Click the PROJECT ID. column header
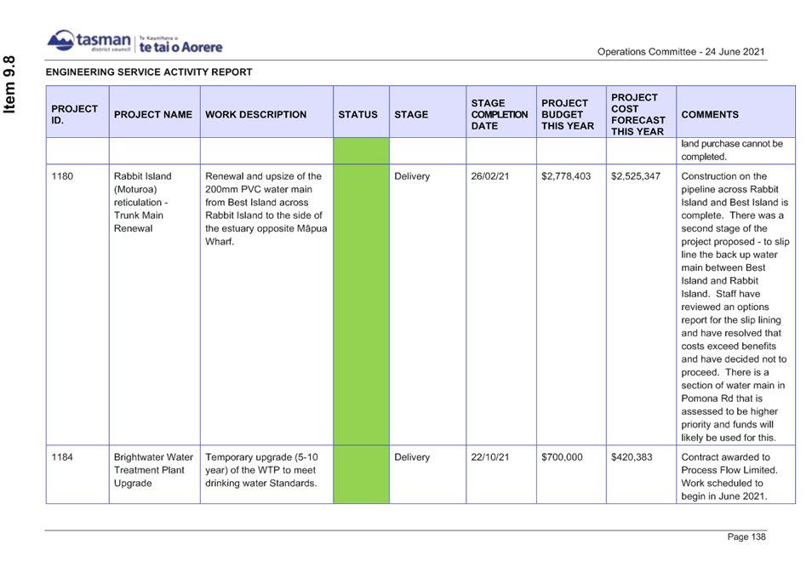(x=75, y=114)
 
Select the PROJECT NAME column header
(x=153, y=114)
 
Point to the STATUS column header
(x=357, y=114)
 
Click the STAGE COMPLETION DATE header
(x=500, y=114)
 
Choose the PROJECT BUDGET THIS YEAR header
(x=568, y=114)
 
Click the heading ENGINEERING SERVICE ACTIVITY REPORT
(x=149, y=72)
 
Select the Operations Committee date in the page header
(x=681, y=52)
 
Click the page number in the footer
(x=746, y=536)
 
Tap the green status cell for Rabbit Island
(x=361, y=304)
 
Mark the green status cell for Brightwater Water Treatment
(x=361, y=473)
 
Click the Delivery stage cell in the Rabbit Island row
(x=412, y=176)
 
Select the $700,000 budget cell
(x=562, y=457)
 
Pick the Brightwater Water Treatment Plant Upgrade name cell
(x=153, y=470)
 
